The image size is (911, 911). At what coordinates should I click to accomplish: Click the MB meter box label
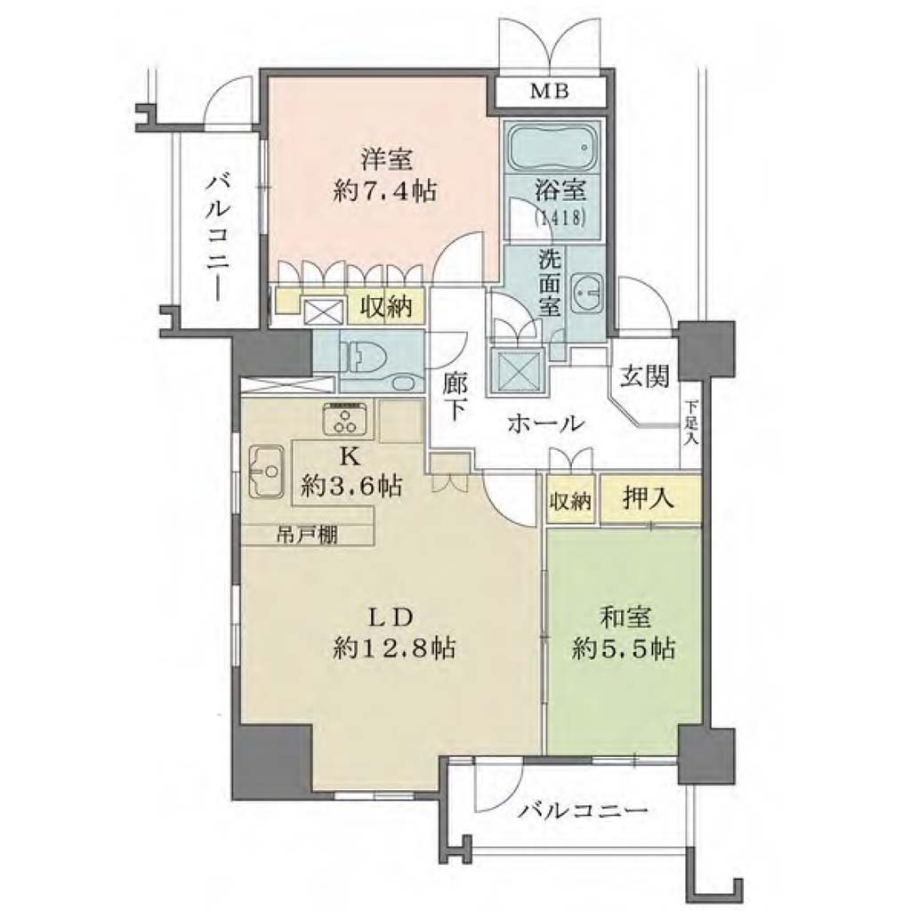(x=549, y=92)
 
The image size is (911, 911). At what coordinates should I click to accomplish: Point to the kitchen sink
(x=267, y=472)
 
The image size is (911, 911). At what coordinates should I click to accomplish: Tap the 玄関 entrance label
(x=644, y=376)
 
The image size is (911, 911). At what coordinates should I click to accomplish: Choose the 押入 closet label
(x=649, y=498)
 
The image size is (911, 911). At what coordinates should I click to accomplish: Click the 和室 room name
(x=625, y=617)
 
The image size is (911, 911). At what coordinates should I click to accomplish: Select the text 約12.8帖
(x=394, y=649)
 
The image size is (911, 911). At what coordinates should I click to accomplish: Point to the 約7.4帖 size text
(x=385, y=190)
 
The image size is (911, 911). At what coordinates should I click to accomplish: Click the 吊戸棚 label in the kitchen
(x=306, y=535)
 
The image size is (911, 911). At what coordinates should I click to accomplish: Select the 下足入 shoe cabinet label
(x=690, y=423)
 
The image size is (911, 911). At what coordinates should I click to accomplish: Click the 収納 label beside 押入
(x=570, y=501)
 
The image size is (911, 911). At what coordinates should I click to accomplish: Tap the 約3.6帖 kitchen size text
(x=351, y=485)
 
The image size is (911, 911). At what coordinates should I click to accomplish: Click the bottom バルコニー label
(x=584, y=810)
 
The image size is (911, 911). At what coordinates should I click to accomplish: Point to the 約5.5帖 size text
(x=624, y=649)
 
